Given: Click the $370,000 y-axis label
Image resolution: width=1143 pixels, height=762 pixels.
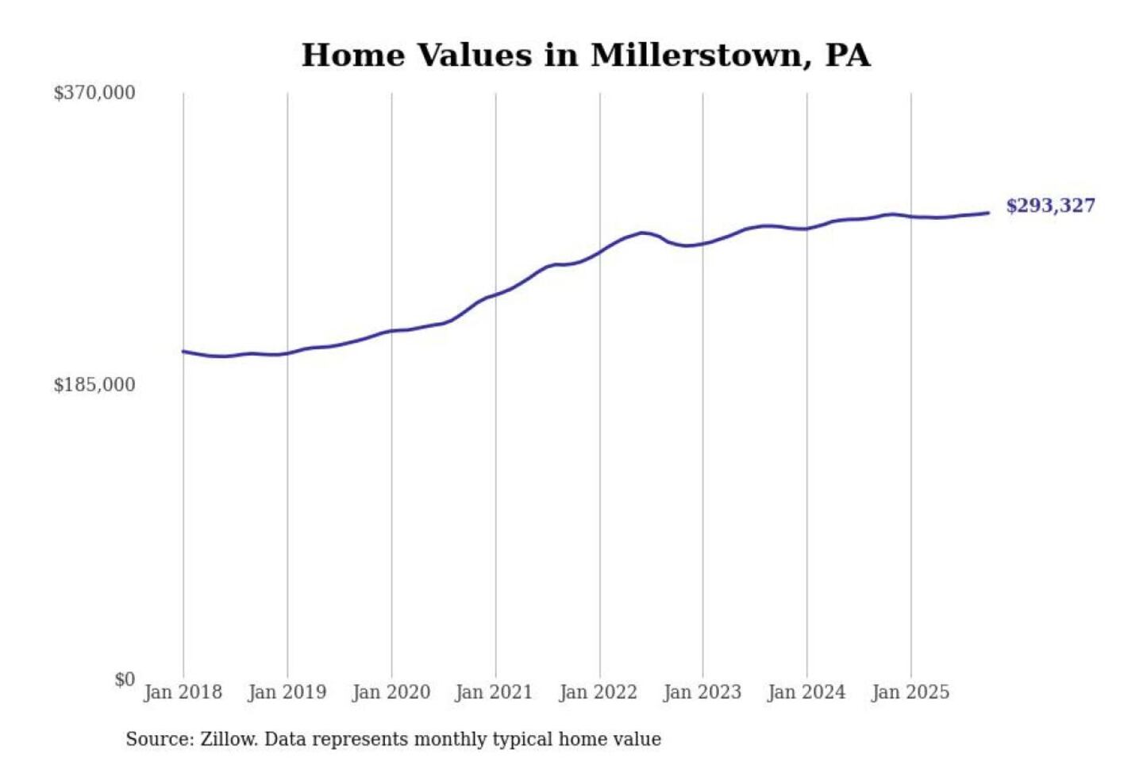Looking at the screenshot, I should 94,93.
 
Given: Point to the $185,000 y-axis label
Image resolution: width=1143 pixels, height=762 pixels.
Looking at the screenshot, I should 94,385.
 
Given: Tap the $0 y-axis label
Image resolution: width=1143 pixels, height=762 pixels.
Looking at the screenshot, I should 125,679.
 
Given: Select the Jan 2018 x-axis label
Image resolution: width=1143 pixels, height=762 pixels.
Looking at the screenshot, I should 183,692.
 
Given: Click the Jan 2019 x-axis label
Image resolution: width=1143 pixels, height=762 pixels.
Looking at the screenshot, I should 287,692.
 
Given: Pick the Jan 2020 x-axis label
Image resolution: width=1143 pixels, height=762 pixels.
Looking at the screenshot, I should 391,692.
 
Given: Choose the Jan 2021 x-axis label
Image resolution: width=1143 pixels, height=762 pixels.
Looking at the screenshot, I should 494,692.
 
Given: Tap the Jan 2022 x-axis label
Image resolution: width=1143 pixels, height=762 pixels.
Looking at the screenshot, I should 598,692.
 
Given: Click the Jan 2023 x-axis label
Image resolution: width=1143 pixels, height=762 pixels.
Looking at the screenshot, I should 702,692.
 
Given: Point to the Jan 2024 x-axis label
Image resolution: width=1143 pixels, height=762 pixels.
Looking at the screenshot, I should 806,692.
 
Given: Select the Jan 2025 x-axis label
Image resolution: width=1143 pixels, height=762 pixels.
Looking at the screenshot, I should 910,692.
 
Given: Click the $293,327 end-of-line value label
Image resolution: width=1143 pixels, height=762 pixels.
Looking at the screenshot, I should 1050,206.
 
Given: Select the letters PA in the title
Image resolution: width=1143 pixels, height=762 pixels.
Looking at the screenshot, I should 848,56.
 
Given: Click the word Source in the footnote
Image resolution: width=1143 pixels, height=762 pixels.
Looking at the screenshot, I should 159,739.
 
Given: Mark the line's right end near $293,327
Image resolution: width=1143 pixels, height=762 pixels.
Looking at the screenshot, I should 988,213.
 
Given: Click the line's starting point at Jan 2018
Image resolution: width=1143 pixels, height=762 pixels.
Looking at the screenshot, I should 183,351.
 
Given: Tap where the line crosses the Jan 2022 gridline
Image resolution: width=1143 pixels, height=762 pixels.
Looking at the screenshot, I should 600,252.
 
